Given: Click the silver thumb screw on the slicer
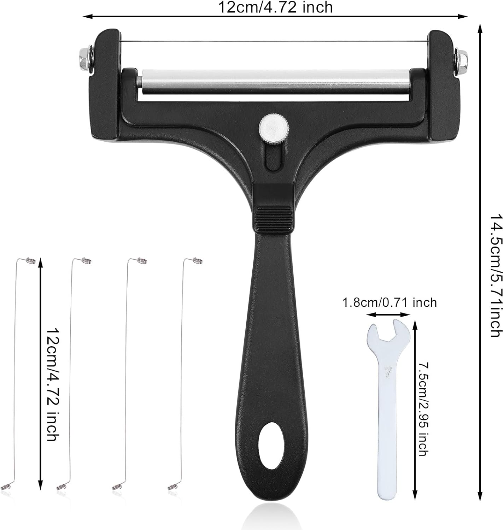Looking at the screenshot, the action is click(274, 128).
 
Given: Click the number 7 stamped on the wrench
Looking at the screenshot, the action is click(388, 372).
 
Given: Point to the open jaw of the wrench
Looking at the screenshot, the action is click(388, 333).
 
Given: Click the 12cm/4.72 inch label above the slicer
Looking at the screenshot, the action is click(275, 7).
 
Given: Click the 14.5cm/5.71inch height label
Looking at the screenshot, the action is click(496, 276).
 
